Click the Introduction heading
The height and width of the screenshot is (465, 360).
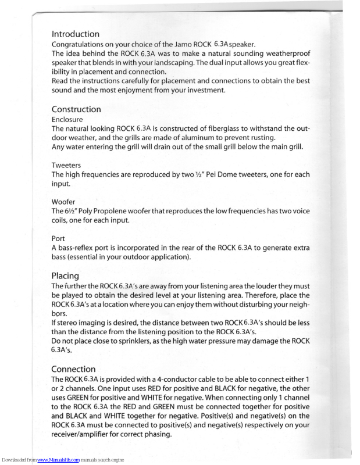[x=75, y=34]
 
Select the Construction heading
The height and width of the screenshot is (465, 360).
[x=76, y=109]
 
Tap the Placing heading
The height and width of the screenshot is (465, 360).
[x=65, y=276]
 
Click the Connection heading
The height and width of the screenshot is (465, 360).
[x=73, y=369]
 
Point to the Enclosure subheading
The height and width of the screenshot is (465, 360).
[x=67, y=119]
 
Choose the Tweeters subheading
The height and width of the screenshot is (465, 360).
[x=66, y=165]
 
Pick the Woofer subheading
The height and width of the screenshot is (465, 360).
[x=64, y=202]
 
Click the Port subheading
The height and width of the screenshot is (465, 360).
[x=58, y=238]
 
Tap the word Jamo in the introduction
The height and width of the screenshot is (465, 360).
[x=181, y=44]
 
